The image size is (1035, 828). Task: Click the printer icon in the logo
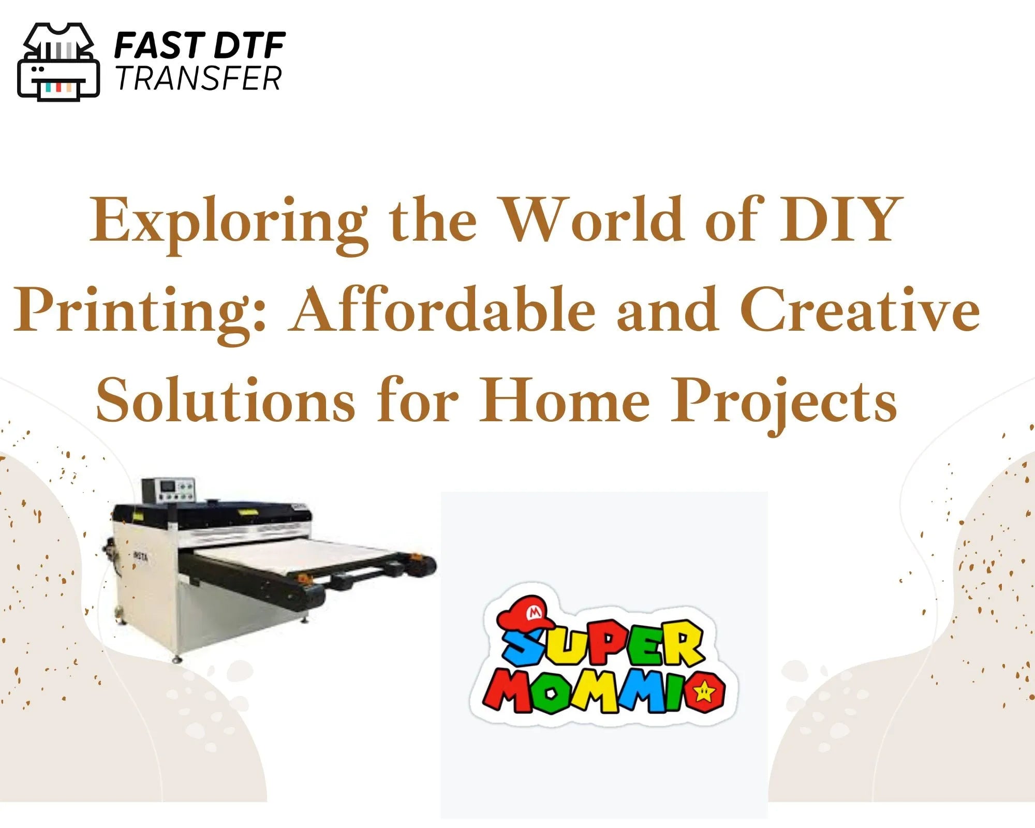click(58, 62)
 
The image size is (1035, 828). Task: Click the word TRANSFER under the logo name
click(199, 79)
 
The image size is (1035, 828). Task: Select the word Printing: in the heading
click(140, 314)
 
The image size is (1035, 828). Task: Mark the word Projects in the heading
click(783, 404)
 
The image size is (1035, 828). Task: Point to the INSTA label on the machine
click(140, 555)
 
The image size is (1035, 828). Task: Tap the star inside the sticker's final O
click(704, 690)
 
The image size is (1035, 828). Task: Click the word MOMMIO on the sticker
click(603, 691)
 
